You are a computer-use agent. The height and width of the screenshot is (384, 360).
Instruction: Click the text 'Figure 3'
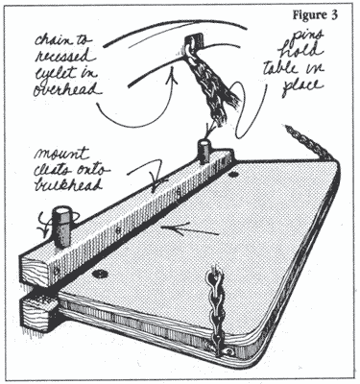click(315, 15)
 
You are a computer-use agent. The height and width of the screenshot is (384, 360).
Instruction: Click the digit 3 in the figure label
click(334, 15)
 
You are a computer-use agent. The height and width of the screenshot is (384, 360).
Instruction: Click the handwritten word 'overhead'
click(66, 89)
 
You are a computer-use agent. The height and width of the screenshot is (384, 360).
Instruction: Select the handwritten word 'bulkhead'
click(68, 184)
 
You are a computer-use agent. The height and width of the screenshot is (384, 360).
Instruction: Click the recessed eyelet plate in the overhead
click(194, 40)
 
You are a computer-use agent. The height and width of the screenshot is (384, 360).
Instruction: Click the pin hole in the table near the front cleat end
click(100, 274)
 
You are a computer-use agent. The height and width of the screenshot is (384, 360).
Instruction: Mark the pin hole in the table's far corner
click(232, 174)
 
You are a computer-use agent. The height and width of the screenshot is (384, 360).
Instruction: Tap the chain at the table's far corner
click(309, 142)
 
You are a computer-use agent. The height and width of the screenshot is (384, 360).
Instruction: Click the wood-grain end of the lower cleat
click(36, 312)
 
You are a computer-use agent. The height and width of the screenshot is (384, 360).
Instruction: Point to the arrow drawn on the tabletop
click(190, 229)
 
